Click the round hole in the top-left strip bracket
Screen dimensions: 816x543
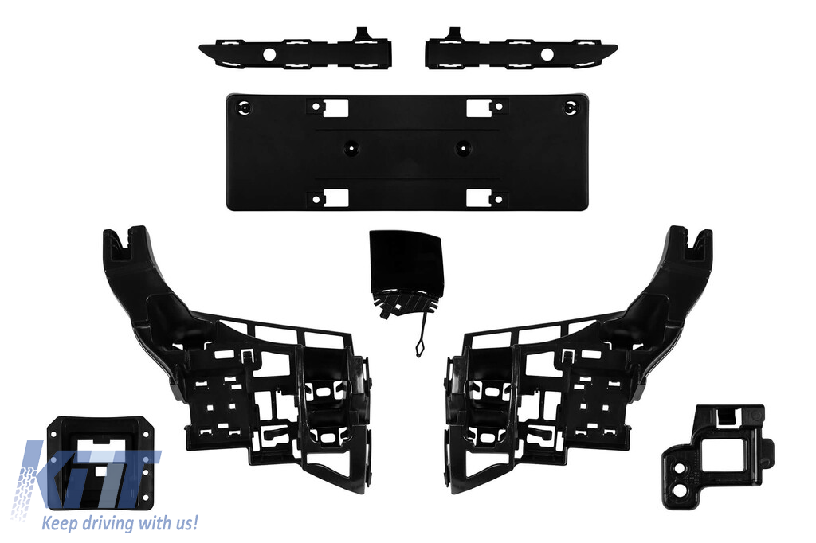pyautogui.click(x=269, y=54)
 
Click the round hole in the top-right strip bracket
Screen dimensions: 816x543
pyautogui.click(x=547, y=54)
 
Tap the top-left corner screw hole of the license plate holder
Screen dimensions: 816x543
pyautogui.click(x=244, y=107)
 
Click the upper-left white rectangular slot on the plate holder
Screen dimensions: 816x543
pyautogui.click(x=335, y=107)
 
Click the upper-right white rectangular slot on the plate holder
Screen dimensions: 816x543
pyautogui.click(x=479, y=107)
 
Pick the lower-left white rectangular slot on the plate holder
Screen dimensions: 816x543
pyautogui.click(x=335, y=198)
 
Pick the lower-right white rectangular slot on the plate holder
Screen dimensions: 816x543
pyautogui.click(x=479, y=198)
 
